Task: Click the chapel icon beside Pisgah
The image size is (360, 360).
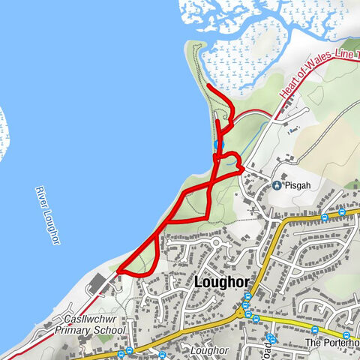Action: (x=277, y=185)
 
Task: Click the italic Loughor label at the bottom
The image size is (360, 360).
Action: (x=208, y=350)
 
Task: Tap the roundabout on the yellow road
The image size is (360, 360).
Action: (x=242, y=313)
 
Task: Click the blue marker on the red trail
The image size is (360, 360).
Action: (x=218, y=144)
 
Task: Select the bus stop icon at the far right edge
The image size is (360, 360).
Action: (x=346, y=335)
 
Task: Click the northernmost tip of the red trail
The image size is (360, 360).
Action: (x=208, y=88)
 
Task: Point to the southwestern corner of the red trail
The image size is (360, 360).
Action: (x=118, y=270)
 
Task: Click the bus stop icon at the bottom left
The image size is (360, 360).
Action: (x=120, y=354)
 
